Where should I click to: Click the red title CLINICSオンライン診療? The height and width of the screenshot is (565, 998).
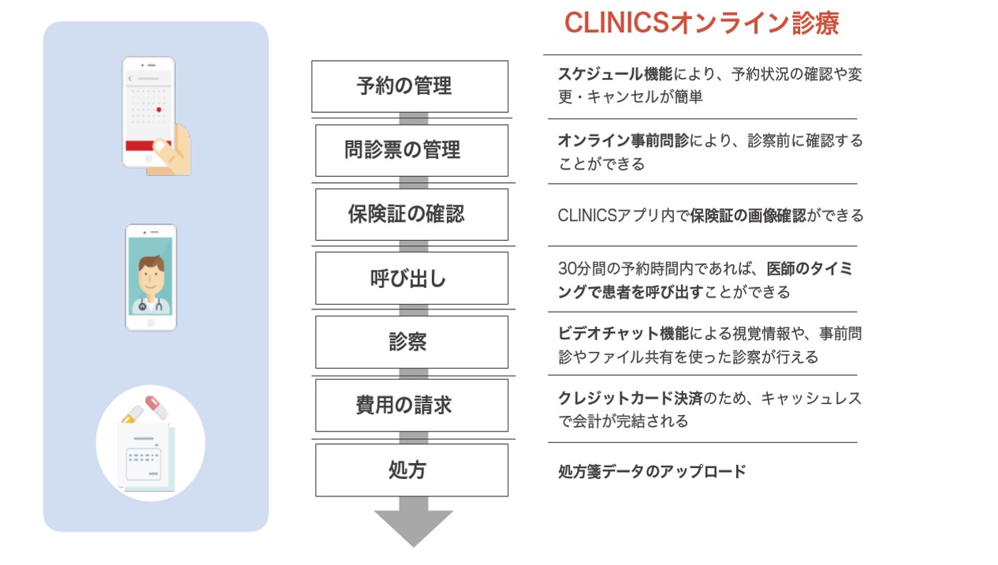click(702, 23)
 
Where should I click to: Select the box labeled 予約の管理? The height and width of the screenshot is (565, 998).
click(410, 86)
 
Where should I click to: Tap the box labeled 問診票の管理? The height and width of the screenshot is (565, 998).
click(411, 150)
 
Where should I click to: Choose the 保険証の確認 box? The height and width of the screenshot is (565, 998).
click(411, 215)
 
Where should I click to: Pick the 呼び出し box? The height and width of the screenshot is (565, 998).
click(411, 279)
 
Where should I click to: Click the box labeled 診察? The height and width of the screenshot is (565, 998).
click(411, 342)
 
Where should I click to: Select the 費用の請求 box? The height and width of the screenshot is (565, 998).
click(411, 406)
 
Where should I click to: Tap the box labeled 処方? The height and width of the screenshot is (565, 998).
click(411, 470)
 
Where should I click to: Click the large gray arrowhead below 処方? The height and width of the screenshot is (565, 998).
click(413, 526)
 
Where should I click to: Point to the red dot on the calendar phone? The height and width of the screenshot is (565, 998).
click(158, 110)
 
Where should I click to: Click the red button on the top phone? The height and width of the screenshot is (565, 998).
click(148, 145)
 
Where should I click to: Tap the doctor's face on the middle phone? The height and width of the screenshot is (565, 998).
click(151, 275)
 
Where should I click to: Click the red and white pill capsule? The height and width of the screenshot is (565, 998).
click(156, 406)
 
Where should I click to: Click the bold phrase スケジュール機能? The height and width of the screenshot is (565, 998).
click(616, 74)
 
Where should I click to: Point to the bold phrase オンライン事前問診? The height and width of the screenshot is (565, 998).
click(624, 140)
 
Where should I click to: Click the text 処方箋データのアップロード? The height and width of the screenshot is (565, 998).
click(652, 471)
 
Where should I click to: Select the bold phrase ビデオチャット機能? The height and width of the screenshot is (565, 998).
click(624, 333)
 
